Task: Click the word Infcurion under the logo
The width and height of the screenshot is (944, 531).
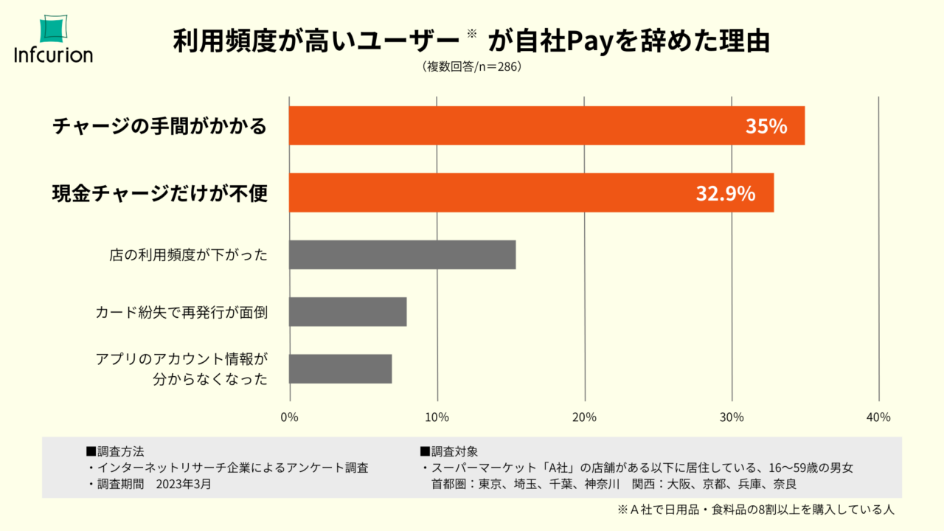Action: [x=53, y=55]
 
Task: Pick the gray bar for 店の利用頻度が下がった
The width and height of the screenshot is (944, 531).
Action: [x=402, y=254]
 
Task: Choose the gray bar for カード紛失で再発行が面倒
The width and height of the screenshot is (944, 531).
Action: [x=347, y=311]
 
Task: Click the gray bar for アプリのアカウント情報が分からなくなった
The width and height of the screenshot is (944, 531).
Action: [x=340, y=369]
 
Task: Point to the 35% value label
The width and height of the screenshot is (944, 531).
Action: [x=766, y=126]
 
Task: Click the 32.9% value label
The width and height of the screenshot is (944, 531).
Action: [x=725, y=194]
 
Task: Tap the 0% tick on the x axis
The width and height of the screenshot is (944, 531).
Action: [x=290, y=417]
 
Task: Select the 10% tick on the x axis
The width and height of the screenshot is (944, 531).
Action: [x=437, y=417]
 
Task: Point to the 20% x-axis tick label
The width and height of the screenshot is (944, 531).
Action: [x=585, y=417]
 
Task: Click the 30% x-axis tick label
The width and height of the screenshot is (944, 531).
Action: [x=732, y=417]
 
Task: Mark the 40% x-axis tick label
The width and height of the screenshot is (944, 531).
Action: [x=878, y=417]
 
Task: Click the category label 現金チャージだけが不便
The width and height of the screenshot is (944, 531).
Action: [x=159, y=194]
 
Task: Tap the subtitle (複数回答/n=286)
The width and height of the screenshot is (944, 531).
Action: [x=472, y=66]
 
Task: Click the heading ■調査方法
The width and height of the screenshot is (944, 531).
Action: [x=117, y=451]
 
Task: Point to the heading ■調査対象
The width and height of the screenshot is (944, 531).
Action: [x=449, y=451]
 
